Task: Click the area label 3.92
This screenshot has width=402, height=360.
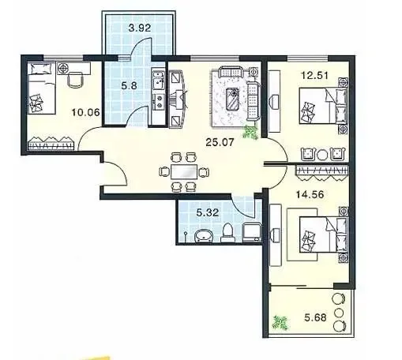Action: tap(140, 28)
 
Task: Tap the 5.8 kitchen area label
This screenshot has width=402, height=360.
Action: tap(129, 85)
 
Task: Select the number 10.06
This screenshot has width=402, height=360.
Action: tap(86, 112)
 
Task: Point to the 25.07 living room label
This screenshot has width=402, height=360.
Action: tap(220, 142)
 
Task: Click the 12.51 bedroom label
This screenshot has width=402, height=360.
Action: tap(315, 76)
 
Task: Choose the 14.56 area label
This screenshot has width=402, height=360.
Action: tap(310, 194)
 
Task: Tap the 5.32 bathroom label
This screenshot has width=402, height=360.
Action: tap(208, 212)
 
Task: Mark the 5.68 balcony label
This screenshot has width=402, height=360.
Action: tap(315, 317)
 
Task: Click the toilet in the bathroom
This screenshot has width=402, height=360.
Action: tap(227, 233)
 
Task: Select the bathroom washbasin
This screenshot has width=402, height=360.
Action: tap(204, 235)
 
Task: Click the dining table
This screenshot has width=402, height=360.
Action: tap(184, 172)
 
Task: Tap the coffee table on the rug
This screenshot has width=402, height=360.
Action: tap(233, 99)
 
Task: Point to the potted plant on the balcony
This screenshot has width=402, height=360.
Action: tap(280, 322)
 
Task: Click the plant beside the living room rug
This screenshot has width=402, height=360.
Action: tap(250, 132)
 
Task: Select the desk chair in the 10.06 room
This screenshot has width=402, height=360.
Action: tap(76, 79)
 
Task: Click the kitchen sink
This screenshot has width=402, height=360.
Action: tap(158, 81)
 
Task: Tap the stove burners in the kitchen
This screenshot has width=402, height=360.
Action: tap(159, 102)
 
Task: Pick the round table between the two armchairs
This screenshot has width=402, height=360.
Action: tap(322, 155)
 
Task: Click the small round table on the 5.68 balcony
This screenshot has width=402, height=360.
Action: tap(339, 313)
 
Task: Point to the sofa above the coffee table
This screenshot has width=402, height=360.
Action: tap(231, 73)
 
